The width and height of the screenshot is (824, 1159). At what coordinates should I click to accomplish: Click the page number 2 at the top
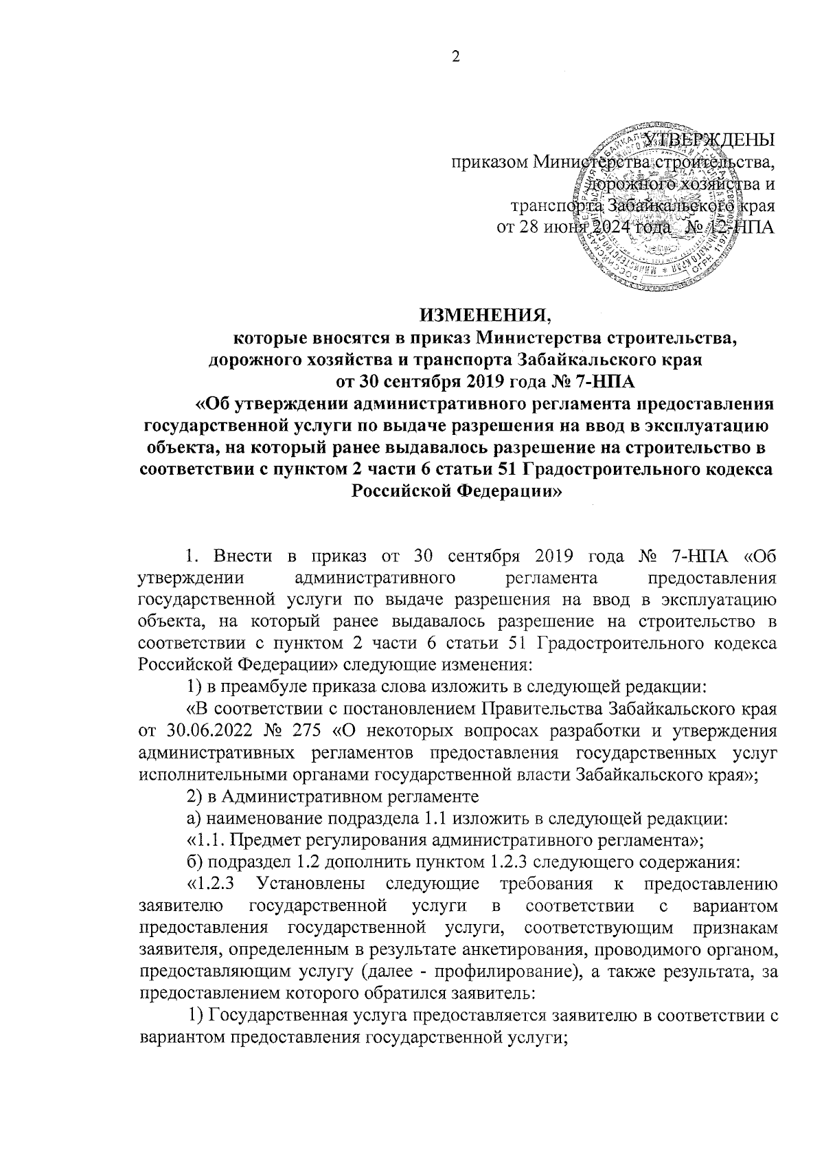pyautogui.click(x=454, y=56)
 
